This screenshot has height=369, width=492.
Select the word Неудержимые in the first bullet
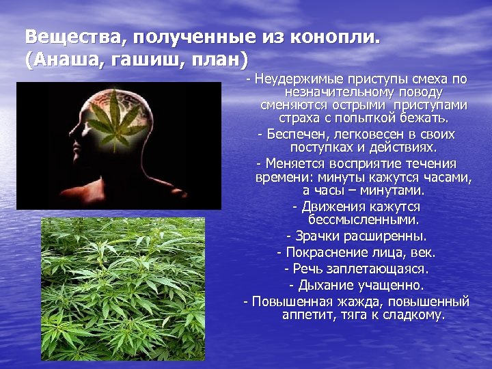point(297,79)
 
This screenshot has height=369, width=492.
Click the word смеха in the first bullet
point(427,79)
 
